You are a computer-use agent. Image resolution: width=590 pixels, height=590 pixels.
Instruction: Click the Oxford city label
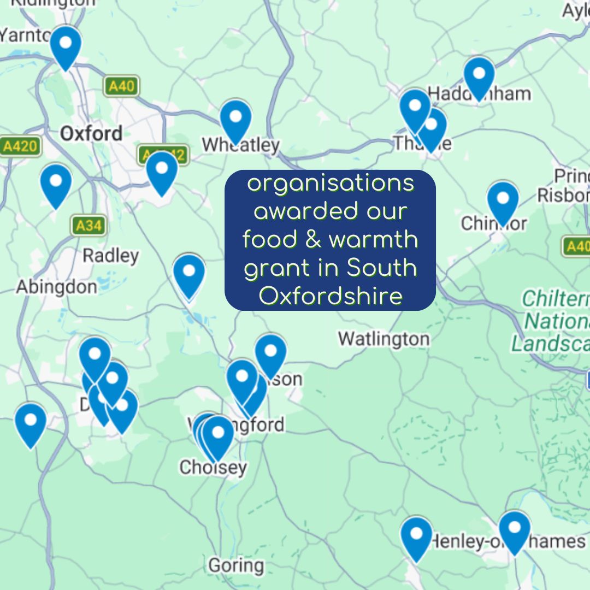(x=91, y=134)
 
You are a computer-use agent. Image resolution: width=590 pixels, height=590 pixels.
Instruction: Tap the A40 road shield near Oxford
(x=121, y=86)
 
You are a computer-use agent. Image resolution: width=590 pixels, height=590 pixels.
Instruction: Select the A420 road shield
(x=20, y=146)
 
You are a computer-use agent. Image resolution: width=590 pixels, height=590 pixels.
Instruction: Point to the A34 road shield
(x=88, y=225)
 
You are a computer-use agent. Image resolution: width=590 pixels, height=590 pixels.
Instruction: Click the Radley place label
(x=110, y=256)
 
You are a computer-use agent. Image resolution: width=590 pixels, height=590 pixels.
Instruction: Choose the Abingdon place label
(x=56, y=287)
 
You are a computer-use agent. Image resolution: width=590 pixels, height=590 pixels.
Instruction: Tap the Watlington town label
(x=383, y=339)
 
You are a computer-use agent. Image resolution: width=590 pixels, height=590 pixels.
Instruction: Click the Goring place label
(x=236, y=565)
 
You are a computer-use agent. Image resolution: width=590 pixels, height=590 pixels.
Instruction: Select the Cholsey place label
(x=213, y=468)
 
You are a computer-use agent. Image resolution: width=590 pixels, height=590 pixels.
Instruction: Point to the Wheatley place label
(x=240, y=145)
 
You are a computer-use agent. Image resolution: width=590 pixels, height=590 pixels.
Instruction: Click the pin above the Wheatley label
(x=235, y=119)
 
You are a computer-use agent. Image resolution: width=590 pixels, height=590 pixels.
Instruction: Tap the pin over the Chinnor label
(x=503, y=200)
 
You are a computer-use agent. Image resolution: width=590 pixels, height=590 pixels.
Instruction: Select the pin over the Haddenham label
(x=479, y=75)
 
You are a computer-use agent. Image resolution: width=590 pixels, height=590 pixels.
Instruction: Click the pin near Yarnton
(x=66, y=45)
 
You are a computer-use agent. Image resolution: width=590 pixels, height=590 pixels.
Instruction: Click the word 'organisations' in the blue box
(x=331, y=184)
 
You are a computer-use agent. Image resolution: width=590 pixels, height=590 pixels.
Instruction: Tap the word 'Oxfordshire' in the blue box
(x=331, y=297)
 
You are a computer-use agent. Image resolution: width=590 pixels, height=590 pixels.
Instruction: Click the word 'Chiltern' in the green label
(x=555, y=299)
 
